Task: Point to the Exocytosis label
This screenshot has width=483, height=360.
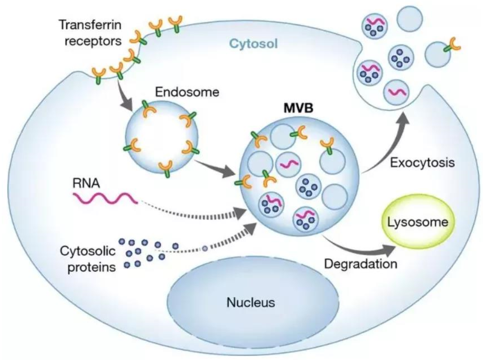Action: pos(422,162)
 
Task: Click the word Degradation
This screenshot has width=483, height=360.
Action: pos(361,263)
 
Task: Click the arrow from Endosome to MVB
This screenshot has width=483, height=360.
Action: pos(214,165)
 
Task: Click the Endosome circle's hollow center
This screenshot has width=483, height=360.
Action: pos(161,134)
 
